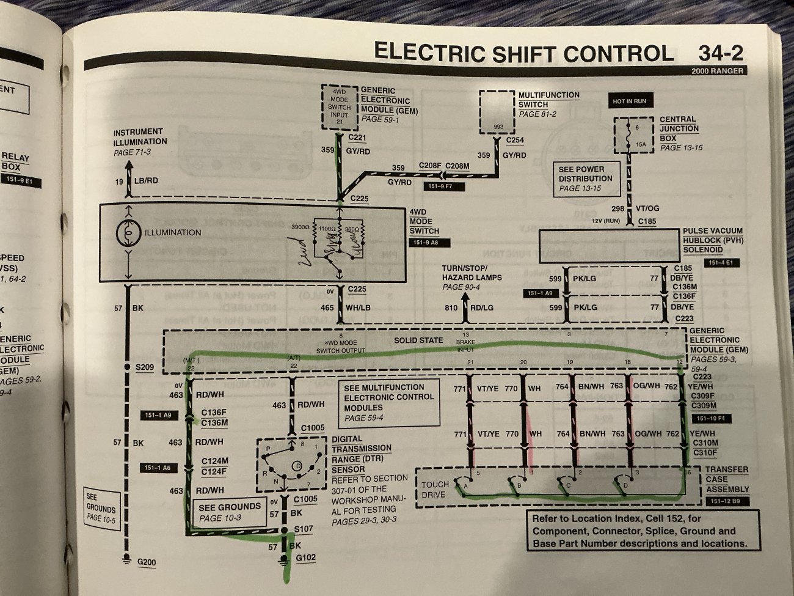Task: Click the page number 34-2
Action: point(721,54)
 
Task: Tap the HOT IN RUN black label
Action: point(630,101)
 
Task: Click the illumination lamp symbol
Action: point(128,233)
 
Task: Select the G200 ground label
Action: point(147,561)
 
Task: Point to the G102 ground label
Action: point(306,557)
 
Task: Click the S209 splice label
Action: point(145,367)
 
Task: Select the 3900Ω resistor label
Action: point(300,227)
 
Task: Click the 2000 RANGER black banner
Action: point(718,71)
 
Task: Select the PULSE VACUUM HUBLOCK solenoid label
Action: point(712,241)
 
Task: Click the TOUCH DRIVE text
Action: point(435,489)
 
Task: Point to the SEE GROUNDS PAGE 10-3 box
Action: point(229,512)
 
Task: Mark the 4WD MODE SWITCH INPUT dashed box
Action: point(339,106)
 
